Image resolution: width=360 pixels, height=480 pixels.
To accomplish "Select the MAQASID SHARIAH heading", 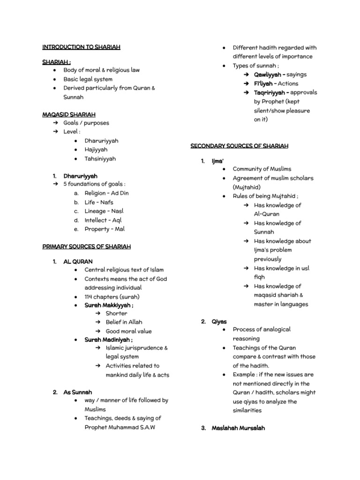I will tap(69, 114).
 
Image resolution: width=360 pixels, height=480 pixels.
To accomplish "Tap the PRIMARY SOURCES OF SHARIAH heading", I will tap(87, 247).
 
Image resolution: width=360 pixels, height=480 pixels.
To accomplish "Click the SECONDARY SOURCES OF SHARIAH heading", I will tap(240, 146).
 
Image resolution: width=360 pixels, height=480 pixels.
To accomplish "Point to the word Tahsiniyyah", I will tap(100, 159).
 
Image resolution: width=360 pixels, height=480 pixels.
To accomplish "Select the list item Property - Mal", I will tap(105, 229).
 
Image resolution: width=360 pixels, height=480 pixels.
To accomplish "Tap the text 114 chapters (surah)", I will tap(112, 297).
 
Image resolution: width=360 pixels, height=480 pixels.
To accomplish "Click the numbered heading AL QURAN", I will tap(78, 262).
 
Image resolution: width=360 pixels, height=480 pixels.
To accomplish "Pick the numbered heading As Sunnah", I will tap(78, 392).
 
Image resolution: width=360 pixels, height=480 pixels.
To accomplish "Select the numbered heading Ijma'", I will tap(217, 161).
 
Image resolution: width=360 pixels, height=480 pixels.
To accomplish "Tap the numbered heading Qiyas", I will tap(219, 322).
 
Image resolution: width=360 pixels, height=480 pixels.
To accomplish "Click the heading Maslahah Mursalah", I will tap(238, 428).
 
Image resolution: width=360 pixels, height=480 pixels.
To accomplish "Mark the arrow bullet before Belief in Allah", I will tap(98, 322).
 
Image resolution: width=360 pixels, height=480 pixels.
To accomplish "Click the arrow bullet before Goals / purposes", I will tap(55, 123).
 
